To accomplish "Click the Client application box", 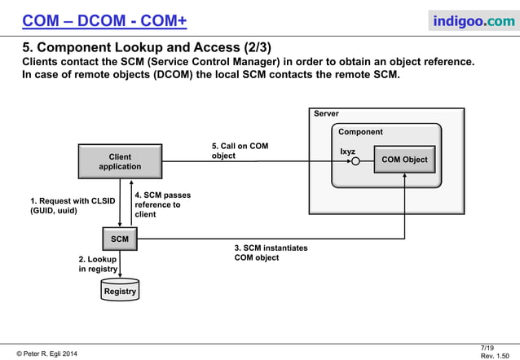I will (x=120, y=161).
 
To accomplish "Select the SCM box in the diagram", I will (x=120, y=239).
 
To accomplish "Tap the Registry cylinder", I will (x=120, y=290).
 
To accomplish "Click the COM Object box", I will (x=403, y=160).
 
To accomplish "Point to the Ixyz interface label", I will (x=347, y=151).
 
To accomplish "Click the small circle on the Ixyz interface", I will (x=355, y=161).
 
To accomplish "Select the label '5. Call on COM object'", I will (x=239, y=151).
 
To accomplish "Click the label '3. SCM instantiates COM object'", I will (x=271, y=252).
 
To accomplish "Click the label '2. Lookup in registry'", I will (x=97, y=264).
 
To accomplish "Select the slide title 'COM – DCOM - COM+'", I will (x=104, y=20).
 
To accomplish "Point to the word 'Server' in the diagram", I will (x=326, y=114).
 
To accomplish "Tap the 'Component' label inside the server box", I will (x=360, y=132).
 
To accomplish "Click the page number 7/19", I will (x=487, y=348).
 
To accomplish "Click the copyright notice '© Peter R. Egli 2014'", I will (x=44, y=353).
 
